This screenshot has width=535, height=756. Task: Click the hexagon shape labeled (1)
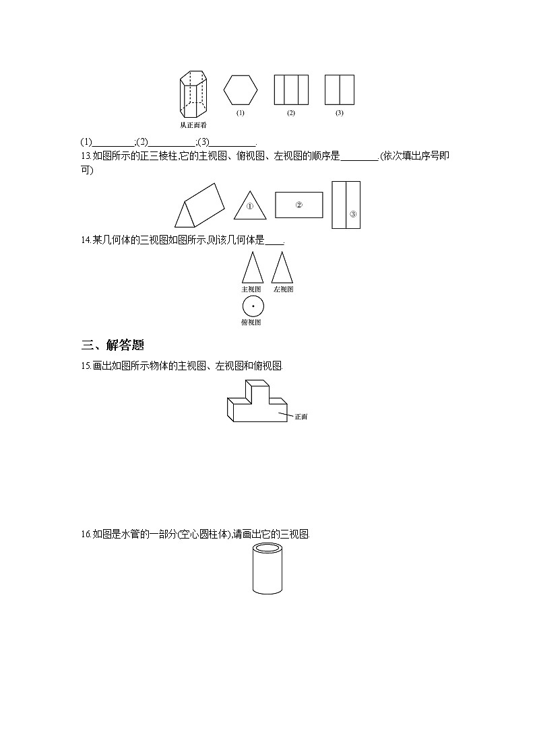[x=241, y=90]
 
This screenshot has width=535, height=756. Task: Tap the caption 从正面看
[x=193, y=125]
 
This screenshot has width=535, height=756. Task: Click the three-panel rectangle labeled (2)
[x=291, y=90]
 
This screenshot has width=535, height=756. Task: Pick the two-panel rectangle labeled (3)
[x=339, y=90]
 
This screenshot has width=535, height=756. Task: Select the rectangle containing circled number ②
[x=298, y=205]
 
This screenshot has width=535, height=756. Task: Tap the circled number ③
[x=352, y=215]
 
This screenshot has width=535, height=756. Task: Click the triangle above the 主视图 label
[x=252, y=268]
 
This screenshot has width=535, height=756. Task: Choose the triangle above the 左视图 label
[x=282, y=268]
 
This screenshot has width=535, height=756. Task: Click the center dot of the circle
[x=253, y=306]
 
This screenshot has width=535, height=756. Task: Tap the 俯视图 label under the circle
[x=251, y=322]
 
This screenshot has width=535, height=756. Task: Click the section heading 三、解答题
[x=113, y=346]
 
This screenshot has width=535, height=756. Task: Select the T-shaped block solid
[x=257, y=403]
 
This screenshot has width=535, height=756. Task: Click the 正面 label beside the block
[x=301, y=417]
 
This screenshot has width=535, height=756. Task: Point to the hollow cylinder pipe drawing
[x=267, y=570]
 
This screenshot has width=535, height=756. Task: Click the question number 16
[x=85, y=535]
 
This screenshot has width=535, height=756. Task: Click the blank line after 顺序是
[x=360, y=157]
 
